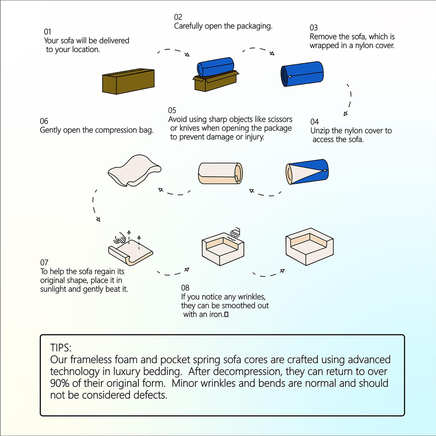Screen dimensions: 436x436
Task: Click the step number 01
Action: (47, 32)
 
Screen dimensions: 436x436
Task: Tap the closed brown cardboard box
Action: (128, 82)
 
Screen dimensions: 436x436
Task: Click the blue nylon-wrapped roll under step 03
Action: (302, 74)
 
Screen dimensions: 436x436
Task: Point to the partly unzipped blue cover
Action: (307, 172)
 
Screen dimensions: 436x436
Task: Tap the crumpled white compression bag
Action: (134, 170)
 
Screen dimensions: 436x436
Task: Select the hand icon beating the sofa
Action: (120, 238)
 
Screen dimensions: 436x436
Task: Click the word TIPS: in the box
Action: (61, 348)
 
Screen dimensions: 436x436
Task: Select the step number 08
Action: (185, 288)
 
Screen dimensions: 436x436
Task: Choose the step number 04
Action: (315, 122)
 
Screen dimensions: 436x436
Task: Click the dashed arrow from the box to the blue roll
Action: (173, 51)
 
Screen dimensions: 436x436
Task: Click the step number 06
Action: (44, 121)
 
